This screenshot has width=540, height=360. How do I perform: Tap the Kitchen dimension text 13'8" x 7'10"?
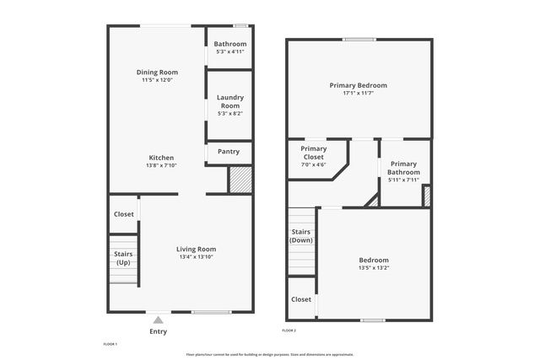161,166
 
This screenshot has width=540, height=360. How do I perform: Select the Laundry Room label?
229,101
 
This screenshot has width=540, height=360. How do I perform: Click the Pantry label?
229,152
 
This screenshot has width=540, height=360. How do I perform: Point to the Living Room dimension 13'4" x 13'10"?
197,257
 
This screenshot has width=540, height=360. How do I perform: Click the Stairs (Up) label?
123,257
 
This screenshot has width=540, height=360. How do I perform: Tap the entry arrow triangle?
158,320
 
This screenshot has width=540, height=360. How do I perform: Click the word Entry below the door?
158,331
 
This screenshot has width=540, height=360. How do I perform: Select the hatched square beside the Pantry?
240,179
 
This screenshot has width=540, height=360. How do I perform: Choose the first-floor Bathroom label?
229,44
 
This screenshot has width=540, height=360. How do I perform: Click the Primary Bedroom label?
358,85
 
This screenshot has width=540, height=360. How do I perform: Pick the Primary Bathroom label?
403,168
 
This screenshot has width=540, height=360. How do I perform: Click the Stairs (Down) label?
301,236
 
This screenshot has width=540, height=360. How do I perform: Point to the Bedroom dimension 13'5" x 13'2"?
373,268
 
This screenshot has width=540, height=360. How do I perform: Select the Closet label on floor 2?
301,299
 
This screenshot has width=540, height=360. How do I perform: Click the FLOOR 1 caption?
110,344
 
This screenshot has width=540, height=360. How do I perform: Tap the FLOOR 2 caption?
289,330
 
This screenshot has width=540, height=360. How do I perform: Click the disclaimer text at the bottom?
270,354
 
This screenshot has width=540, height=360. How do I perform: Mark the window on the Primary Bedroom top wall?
359,39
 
